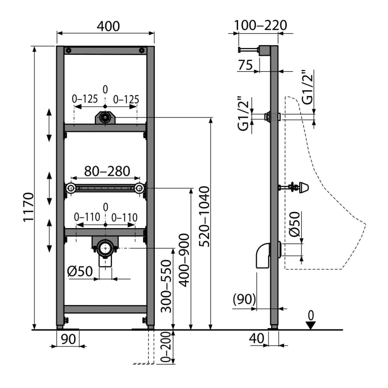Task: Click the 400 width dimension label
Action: [x=108, y=26]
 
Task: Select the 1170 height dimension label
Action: [x=28, y=207]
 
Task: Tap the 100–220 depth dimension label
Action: [x=260, y=25]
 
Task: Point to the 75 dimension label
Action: [x=245, y=65]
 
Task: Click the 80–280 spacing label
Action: [x=107, y=171]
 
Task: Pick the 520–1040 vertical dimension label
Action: [x=204, y=216]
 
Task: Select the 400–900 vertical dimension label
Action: [x=184, y=260]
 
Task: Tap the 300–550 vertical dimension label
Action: [x=166, y=286]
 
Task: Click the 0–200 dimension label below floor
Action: [x=166, y=347]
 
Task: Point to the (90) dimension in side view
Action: [x=244, y=299]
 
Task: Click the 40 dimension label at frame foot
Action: [x=257, y=338]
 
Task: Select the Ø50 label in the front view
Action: [x=80, y=271]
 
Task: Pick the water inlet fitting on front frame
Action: [x=105, y=117]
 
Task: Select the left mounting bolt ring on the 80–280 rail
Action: [x=71, y=188]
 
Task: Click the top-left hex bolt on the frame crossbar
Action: [x=69, y=50]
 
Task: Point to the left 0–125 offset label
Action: [x=85, y=99]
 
